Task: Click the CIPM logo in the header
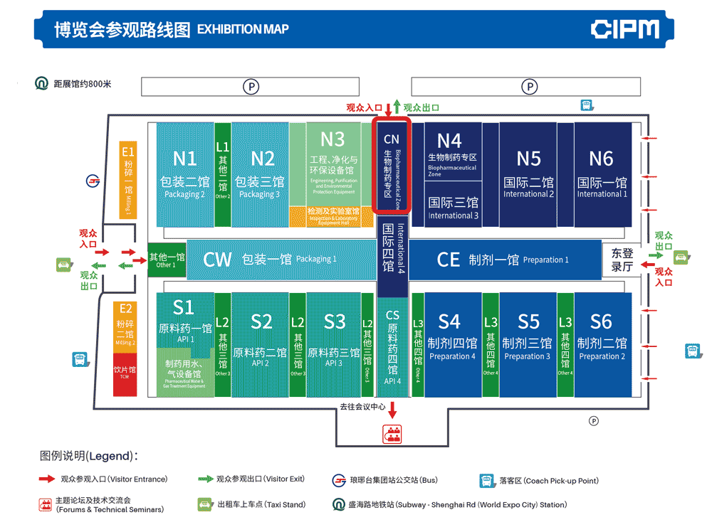(624, 29)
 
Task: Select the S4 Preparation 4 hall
(450, 341)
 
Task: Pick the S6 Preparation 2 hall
(602, 341)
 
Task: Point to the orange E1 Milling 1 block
(128, 179)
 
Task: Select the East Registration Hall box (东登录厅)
(622, 260)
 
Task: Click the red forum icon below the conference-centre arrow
(392, 432)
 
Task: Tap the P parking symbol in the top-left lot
(251, 87)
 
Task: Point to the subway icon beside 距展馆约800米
(42, 84)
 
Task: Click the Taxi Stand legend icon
(206, 504)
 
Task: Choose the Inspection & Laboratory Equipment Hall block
(333, 216)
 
